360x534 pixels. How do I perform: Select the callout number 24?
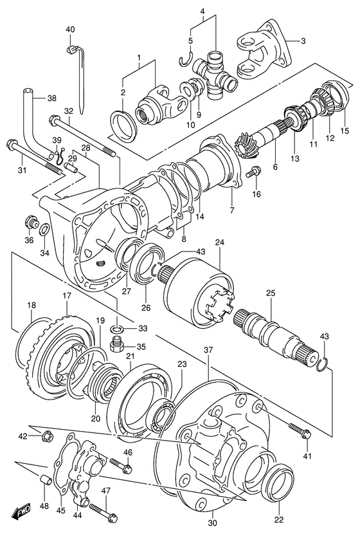220,243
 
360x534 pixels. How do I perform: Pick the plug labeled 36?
30,223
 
